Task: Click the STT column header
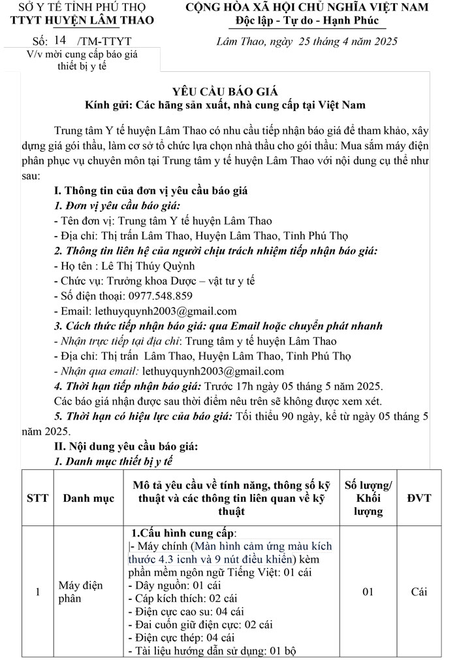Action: pos(37,498)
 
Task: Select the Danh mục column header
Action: pos(88,498)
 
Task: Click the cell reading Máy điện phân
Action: pos(81,592)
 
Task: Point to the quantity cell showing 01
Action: pos(368,592)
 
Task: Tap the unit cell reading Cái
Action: pos(418,592)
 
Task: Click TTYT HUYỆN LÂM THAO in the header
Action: pos(83,20)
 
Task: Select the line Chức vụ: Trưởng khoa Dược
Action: pos(154,280)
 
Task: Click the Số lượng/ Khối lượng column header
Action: pos(368,498)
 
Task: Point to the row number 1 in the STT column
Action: pos(37,592)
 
